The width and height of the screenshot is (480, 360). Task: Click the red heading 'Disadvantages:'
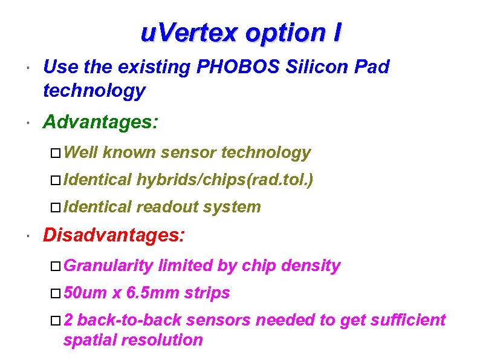coord(114,235)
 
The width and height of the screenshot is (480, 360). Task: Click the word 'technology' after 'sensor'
coord(266,152)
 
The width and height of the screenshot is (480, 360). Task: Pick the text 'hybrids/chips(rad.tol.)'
coord(225,180)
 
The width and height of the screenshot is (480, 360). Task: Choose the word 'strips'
coord(207,293)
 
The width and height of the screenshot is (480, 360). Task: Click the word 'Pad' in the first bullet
coord(374,67)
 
